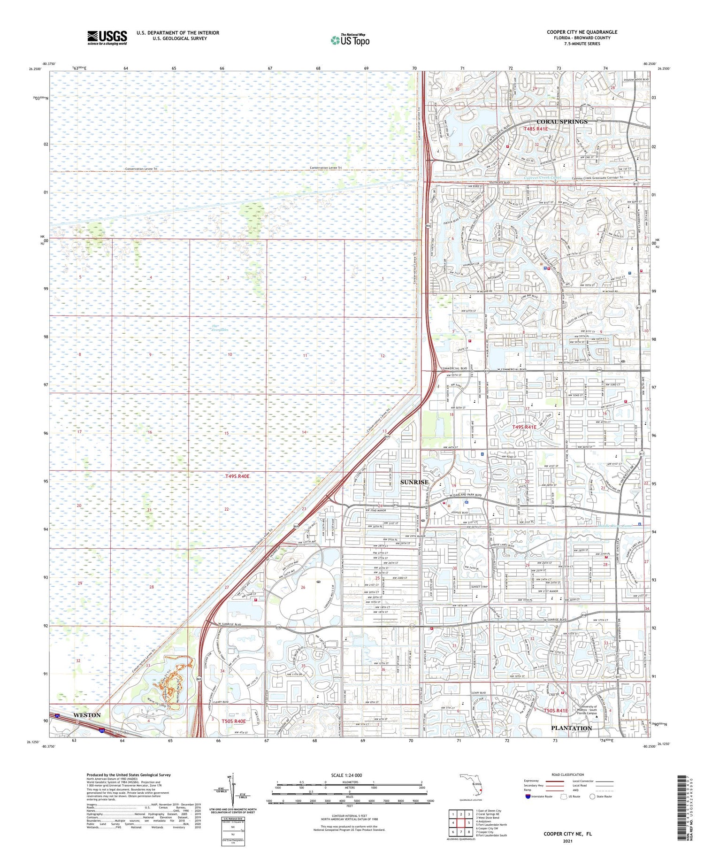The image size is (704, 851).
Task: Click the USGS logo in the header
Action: (x=107, y=38)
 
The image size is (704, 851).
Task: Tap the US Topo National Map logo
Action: (x=350, y=40)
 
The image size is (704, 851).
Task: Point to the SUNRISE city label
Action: (x=414, y=482)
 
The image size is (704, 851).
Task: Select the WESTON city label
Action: (x=87, y=715)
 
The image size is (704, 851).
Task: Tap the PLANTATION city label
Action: (x=571, y=728)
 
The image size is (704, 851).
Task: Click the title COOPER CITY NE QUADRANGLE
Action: (x=582, y=32)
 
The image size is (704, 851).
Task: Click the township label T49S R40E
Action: (x=237, y=476)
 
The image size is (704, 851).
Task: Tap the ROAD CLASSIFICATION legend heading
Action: (x=568, y=774)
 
